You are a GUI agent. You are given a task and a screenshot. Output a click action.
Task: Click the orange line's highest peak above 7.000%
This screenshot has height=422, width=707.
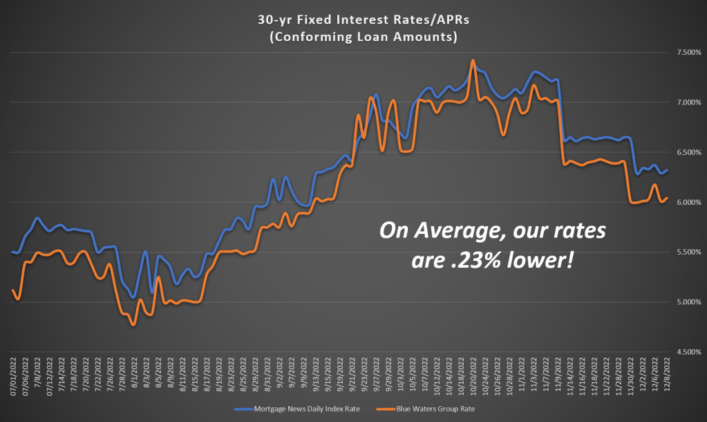[x=473, y=61]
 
